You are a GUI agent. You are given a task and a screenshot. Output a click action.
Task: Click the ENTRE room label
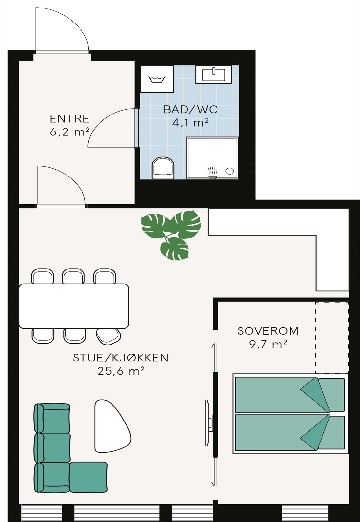pos(69,118)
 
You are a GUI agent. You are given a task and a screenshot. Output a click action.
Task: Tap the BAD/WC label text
pos(190,109)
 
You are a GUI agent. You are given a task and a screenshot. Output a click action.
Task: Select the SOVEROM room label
pos(268,331)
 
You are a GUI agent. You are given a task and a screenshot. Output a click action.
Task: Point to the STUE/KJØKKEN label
pos(121,358)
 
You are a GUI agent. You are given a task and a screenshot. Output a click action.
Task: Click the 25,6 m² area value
pos(121,371)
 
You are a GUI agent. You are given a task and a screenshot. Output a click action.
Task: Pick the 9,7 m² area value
pos(268,344)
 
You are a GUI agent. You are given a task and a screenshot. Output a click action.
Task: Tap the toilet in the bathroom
pos(163,168)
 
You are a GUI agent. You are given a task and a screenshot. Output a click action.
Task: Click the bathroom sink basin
pos(214,75)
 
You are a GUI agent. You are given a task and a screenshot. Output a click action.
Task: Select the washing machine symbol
pos(157,79)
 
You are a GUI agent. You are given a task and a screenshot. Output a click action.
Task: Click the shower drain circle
pos(230,171)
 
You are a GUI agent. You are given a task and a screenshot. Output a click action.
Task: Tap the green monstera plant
pos(171,233)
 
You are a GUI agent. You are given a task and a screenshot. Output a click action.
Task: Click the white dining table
pos(74,306)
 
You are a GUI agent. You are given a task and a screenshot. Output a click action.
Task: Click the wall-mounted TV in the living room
pos(208,423)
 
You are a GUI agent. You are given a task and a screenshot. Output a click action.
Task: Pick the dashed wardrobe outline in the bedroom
pos(332,337)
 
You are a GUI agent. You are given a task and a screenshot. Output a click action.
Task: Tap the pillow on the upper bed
pos(331,395)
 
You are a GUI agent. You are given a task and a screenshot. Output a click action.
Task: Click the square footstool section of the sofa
pos(89,477)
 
